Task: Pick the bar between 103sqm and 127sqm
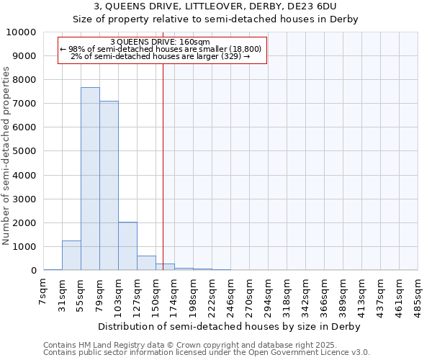point(127,246)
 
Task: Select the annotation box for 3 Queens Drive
point(161,50)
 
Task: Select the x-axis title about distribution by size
point(230,326)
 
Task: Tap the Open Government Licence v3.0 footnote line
point(207,353)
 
